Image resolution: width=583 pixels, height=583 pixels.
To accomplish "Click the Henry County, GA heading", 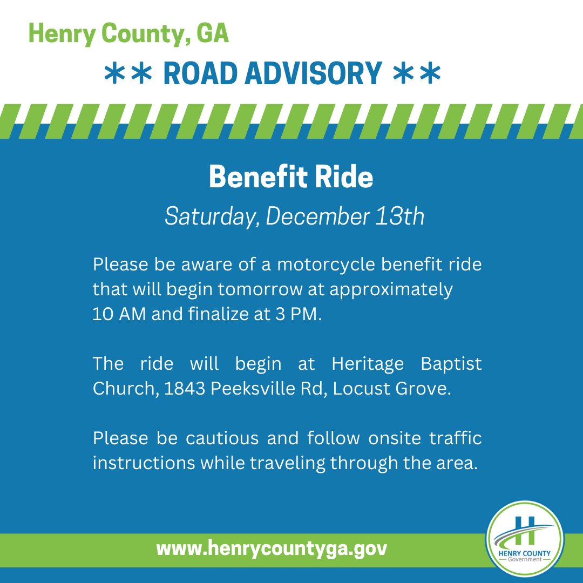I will (128, 34).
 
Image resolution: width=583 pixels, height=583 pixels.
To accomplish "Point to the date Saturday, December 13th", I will (294, 216).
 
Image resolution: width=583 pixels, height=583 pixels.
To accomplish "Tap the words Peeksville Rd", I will (266, 389).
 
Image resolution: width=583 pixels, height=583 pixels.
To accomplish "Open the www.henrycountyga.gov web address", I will (272, 549).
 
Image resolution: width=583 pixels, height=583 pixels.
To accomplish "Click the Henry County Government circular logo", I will (524, 540).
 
